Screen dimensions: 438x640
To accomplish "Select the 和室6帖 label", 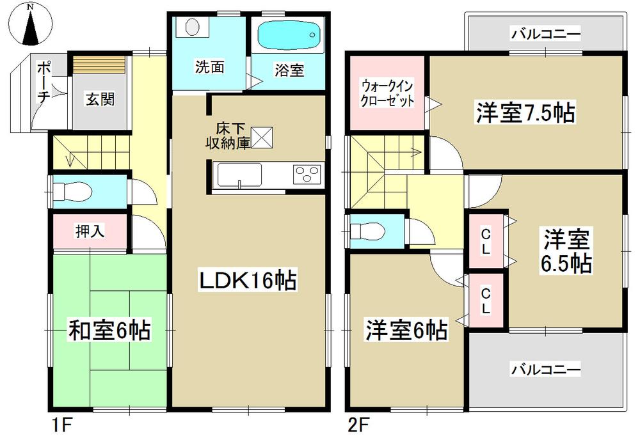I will pyautogui.click(x=109, y=331).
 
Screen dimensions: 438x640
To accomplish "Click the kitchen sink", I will pyautogui.click(x=239, y=175).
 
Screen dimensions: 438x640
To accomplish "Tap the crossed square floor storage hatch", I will pyautogui.click(x=262, y=137).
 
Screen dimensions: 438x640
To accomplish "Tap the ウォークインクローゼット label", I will pyautogui.click(x=387, y=93).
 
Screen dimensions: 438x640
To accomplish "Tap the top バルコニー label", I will pyautogui.click(x=545, y=34).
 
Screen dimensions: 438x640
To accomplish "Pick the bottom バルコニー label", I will pyautogui.click(x=545, y=369).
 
